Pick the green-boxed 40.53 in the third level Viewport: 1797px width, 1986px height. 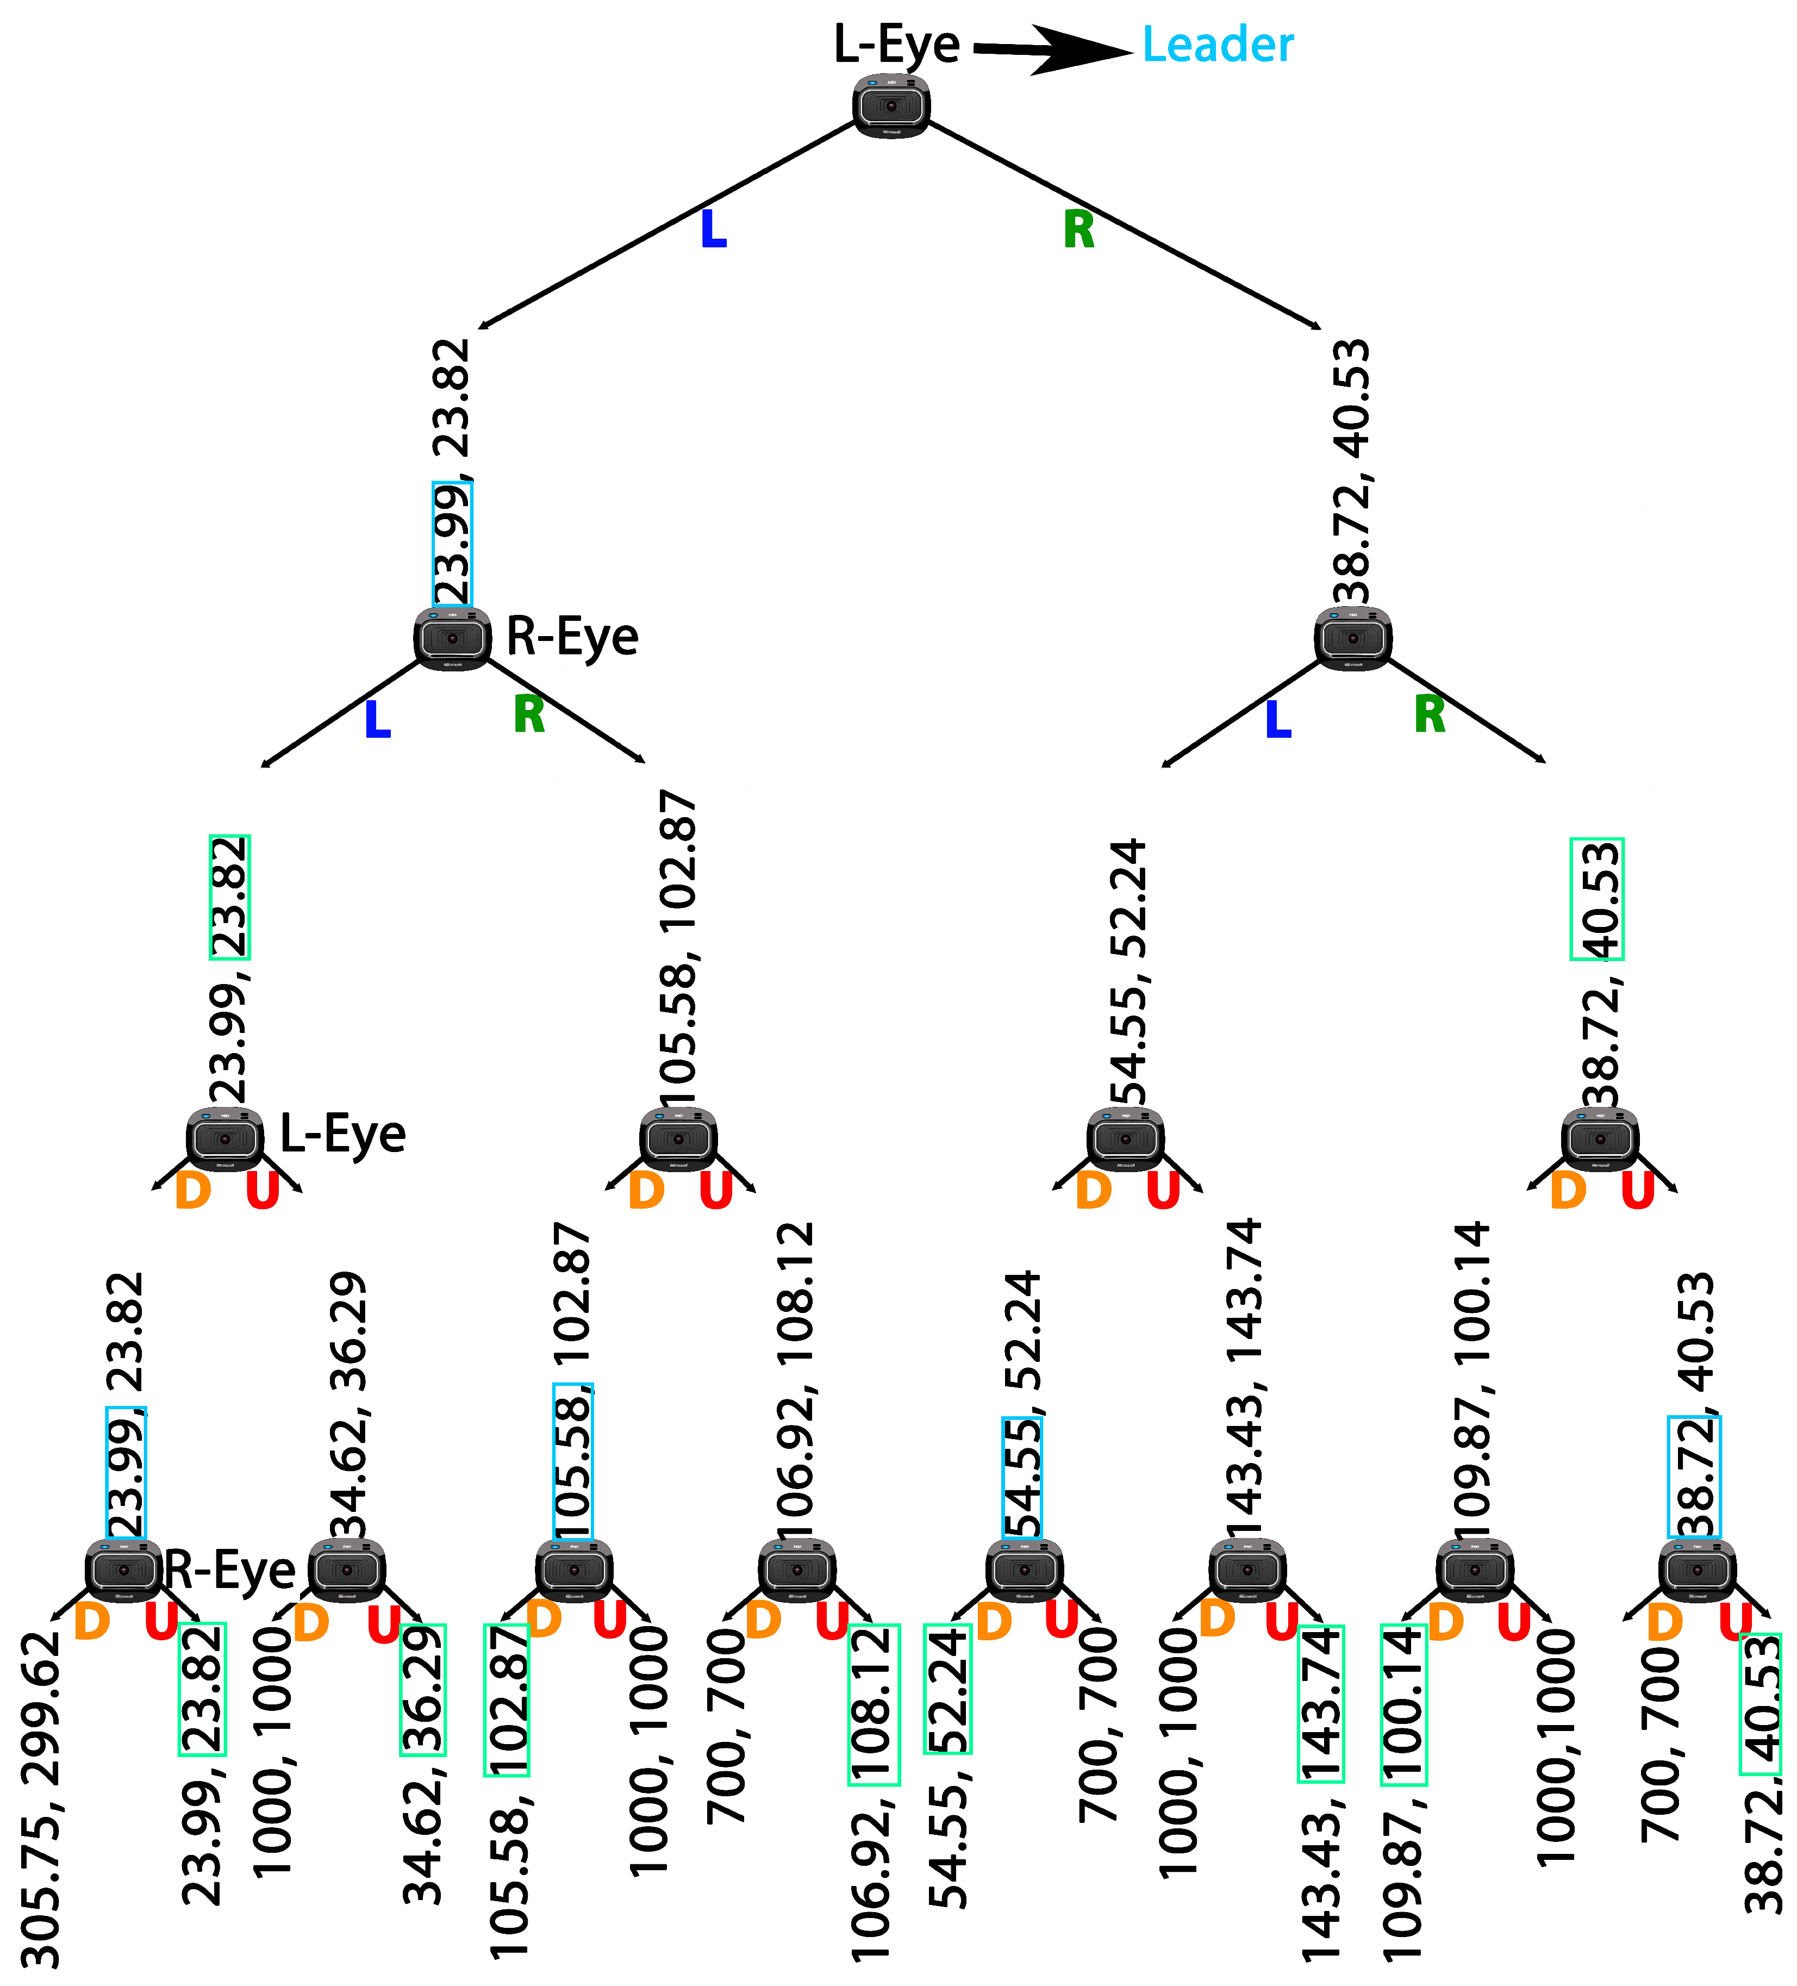pos(1596,899)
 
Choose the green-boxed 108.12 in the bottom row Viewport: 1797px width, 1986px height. pos(873,1704)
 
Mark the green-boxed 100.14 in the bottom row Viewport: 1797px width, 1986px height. pos(1403,1704)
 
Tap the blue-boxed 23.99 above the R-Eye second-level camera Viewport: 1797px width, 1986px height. pos(452,544)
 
